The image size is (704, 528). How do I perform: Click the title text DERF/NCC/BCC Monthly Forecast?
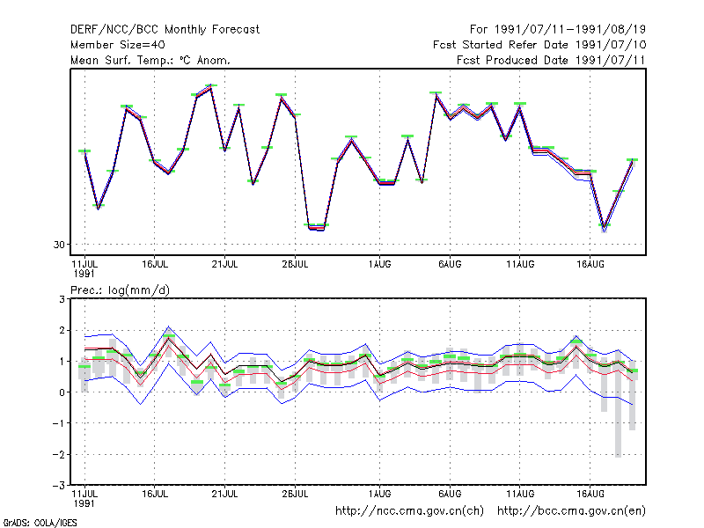[x=165, y=30]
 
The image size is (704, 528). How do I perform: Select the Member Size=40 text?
[x=118, y=45]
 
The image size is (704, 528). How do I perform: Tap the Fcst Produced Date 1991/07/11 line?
[x=551, y=60]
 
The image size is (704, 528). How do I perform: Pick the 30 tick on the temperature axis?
[x=59, y=245]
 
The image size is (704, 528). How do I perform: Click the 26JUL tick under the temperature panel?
[x=295, y=264]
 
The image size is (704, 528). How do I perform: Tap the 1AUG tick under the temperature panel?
[x=380, y=264]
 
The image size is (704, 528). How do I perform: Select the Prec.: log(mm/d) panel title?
[x=120, y=290]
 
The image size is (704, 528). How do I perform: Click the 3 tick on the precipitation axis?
[x=62, y=299]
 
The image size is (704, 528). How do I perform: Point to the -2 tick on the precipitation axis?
[x=59, y=454]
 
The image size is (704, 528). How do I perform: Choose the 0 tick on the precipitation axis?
[x=62, y=392]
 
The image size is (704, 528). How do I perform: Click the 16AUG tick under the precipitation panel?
[x=590, y=494]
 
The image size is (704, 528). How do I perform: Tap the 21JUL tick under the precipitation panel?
[x=224, y=494]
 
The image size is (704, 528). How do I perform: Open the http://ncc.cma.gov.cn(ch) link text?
[x=409, y=511]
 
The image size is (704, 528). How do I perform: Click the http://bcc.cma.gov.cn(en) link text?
[x=571, y=511]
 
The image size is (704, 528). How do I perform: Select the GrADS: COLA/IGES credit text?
[x=40, y=523]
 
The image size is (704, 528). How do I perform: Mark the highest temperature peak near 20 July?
[x=211, y=86]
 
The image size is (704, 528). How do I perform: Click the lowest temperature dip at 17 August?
[x=605, y=228]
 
